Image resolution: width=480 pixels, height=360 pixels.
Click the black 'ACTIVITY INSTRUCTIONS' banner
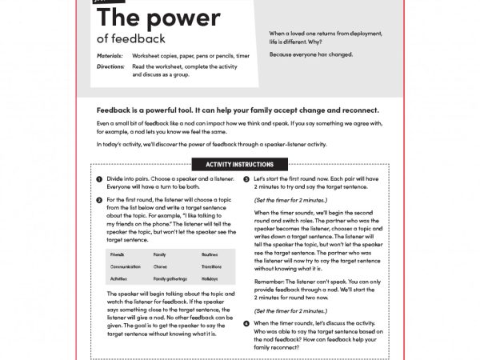[241, 165]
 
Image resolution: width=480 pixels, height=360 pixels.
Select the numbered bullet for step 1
[98, 180]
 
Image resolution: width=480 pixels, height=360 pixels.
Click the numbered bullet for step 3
[246, 180]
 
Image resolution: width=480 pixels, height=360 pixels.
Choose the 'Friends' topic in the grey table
[118, 254]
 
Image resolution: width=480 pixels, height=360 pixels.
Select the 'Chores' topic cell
[161, 266]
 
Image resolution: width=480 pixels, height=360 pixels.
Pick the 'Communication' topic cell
[126, 266]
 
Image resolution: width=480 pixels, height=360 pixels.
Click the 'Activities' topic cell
[120, 278]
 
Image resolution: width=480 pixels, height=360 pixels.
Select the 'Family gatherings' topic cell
[170, 278]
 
